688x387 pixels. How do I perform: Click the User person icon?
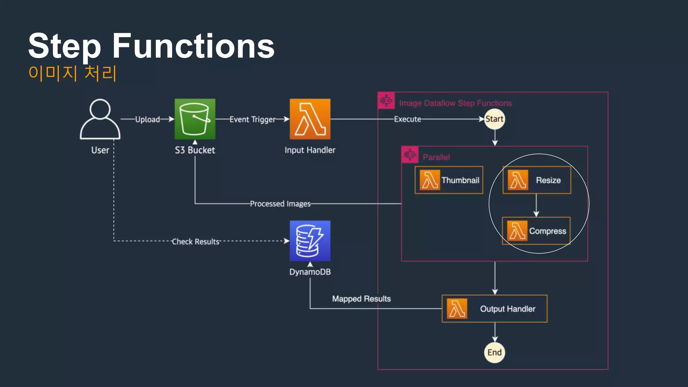click(x=100, y=119)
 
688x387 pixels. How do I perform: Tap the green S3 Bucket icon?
click(x=195, y=119)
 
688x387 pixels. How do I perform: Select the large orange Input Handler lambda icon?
click(x=310, y=119)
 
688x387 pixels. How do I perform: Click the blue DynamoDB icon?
click(x=310, y=241)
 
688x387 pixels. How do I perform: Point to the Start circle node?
click(x=494, y=119)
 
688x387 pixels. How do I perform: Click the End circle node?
click(x=494, y=352)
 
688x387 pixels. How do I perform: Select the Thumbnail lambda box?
click(x=449, y=180)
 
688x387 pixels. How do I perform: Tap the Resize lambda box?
click(x=536, y=180)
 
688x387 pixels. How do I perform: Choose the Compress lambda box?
click(x=536, y=231)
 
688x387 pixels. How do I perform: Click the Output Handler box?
click(x=494, y=309)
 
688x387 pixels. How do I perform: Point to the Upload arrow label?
click(x=147, y=119)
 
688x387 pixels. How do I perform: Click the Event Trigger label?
click(x=252, y=119)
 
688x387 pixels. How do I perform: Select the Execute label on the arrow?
click(x=407, y=119)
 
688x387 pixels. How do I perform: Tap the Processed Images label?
click(x=280, y=204)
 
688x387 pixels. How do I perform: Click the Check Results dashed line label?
click(x=196, y=242)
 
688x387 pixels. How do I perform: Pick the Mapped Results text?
click(x=361, y=299)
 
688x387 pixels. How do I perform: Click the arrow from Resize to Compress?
click(x=536, y=205)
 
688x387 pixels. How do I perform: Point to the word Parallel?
click(x=436, y=157)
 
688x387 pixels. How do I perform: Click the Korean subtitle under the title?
click(x=73, y=73)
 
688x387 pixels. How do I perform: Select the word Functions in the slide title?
click(x=193, y=46)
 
